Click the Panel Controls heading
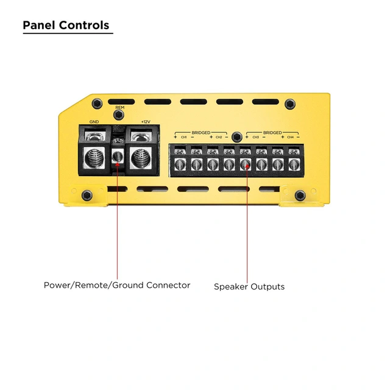tap(66, 26)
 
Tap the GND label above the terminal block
tap(94, 122)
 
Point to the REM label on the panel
tap(120, 107)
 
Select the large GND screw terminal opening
tap(94, 157)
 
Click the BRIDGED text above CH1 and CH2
tap(201, 132)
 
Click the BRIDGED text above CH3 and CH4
tap(272, 132)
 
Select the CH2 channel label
tap(219, 138)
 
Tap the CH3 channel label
tap(256, 138)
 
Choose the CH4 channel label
tap(290, 138)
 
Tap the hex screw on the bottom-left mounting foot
tap(87, 195)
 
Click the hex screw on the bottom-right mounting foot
tap(300, 195)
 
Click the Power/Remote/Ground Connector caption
tap(117, 285)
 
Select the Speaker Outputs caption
tap(249, 286)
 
